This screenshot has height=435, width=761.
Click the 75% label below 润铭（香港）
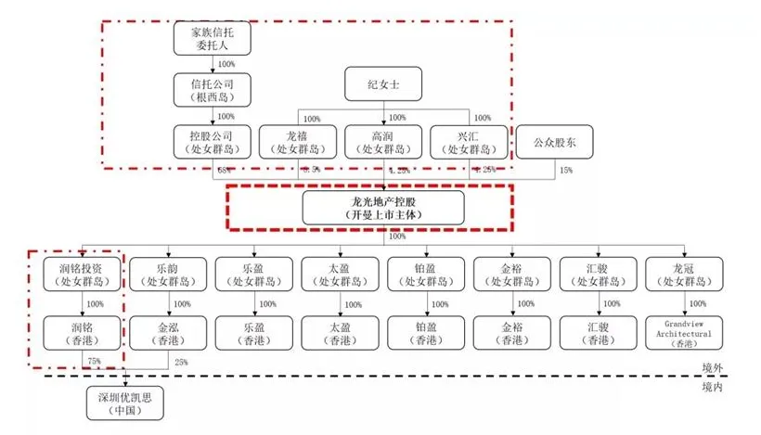(x=92, y=361)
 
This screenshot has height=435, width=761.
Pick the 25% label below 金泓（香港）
(x=181, y=361)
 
